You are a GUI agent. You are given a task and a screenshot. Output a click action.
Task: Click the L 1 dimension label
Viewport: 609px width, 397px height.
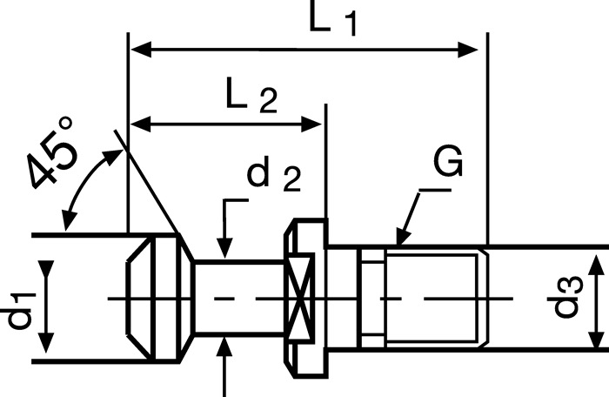click(333, 19)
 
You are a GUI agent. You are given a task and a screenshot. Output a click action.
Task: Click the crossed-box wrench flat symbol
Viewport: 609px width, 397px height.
click(298, 300)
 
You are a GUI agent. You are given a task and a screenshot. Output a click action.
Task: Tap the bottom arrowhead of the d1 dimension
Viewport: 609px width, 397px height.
click(48, 336)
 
